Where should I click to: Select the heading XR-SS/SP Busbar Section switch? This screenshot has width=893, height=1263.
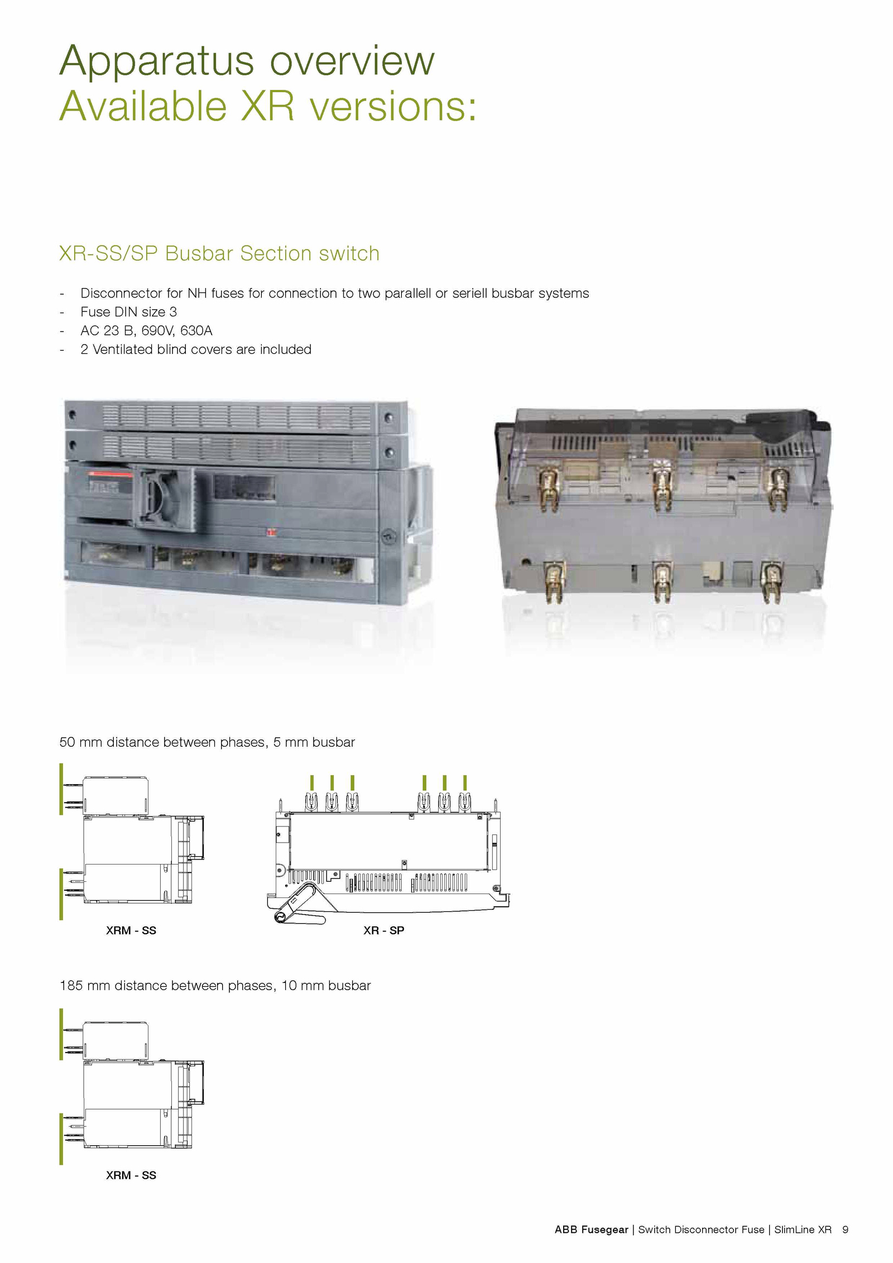(x=219, y=253)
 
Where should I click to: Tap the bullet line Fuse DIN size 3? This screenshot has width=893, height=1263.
(x=128, y=311)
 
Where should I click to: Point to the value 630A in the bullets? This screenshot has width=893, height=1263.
(x=196, y=330)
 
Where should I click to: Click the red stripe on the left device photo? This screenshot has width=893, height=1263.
(x=110, y=474)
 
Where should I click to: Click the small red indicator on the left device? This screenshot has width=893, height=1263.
(x=272, y=532)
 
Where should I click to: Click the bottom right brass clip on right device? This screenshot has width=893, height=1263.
(x=771, y=582)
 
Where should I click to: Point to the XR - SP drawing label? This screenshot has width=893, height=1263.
(x=383, y=930)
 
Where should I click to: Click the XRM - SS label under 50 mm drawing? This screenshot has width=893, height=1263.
(x=131, y=930)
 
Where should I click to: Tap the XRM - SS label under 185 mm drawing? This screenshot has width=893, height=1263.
(x=131, y=1175)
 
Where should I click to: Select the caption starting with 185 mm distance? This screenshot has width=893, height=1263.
(x=215, y=986)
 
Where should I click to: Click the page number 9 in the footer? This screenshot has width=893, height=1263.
(x=846, y=1230)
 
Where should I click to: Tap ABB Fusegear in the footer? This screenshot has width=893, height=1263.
(x=591, y=1230)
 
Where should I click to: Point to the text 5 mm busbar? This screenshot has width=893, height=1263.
(x=314, y=742)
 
